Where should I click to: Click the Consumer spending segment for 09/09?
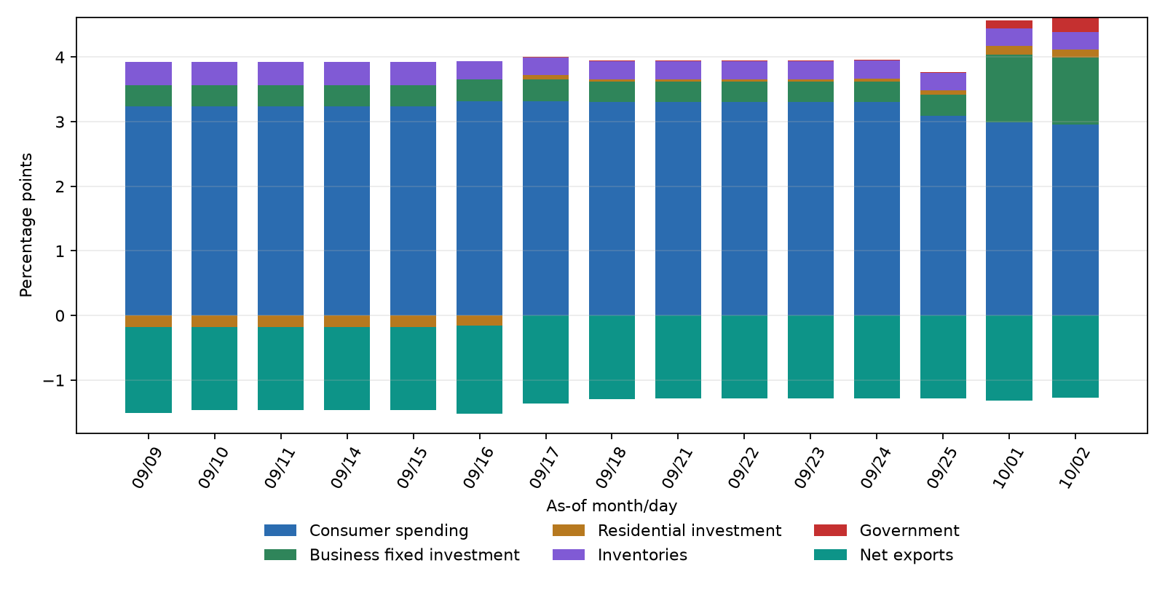point(149,210)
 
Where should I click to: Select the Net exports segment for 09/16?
point(480,370)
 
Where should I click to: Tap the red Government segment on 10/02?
point(1075,25)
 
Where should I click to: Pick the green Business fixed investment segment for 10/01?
point(1009,88)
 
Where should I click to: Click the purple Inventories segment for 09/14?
point(347,74)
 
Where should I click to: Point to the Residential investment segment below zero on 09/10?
point(214,321)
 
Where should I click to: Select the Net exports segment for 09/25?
point(943,357)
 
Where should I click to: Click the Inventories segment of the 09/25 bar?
point(943,82)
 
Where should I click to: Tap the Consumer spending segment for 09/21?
point(678,208)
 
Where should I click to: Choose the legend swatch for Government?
point(830,530)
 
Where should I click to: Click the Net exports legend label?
point(907,554)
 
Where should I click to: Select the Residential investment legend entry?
point(667,530)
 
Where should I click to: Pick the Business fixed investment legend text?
point(414,554)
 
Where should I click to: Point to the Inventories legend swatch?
point(569,554)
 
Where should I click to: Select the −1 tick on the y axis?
point(54,381)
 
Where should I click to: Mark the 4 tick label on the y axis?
point(60,58)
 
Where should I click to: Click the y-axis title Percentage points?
point(26,225)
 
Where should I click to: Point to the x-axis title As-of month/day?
point(612,505)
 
